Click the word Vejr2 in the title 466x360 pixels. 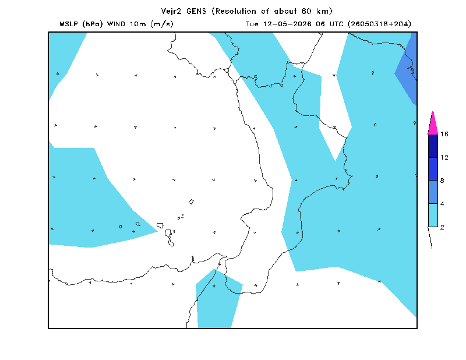click(171, 11)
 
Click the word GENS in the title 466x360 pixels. click(196, 11)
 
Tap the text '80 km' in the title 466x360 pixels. click(315, 11)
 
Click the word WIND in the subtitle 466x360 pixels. click(116, 24)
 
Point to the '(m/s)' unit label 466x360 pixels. click(162, 24)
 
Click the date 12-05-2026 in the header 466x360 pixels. click(287, 24)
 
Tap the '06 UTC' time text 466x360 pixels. click(329, 24)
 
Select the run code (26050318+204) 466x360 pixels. click(379, 24)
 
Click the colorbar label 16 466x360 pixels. click(444, 134)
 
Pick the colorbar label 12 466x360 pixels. click(444, 157)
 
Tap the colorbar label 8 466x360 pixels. click(442, 181)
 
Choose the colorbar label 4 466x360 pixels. click(442, 204)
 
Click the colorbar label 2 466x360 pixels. click(442, 227)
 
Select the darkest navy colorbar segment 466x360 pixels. click(433, 146)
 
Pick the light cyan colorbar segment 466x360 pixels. click(433, 215)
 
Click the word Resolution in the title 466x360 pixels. click(236, 11)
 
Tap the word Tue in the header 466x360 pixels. click(252, 24)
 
